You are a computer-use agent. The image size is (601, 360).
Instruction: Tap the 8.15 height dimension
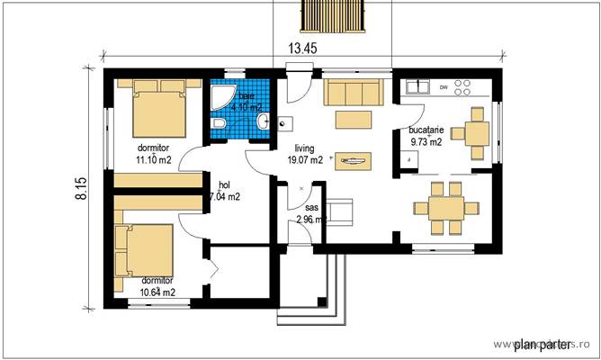81,187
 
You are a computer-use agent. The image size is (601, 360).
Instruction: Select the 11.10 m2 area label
154,159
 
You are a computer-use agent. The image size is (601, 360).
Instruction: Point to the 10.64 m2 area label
157,292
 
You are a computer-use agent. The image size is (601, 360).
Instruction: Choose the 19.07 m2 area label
305,161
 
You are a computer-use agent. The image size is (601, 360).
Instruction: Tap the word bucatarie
426,130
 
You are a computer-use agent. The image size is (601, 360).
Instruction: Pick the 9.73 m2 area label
426,141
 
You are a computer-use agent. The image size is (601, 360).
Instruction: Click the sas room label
311,207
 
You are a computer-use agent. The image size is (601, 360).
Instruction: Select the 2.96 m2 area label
310,219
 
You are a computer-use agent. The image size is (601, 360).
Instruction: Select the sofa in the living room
354,91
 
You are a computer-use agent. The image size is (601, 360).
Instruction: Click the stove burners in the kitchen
464,88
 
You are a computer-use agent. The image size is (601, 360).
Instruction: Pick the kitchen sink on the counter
417,87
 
